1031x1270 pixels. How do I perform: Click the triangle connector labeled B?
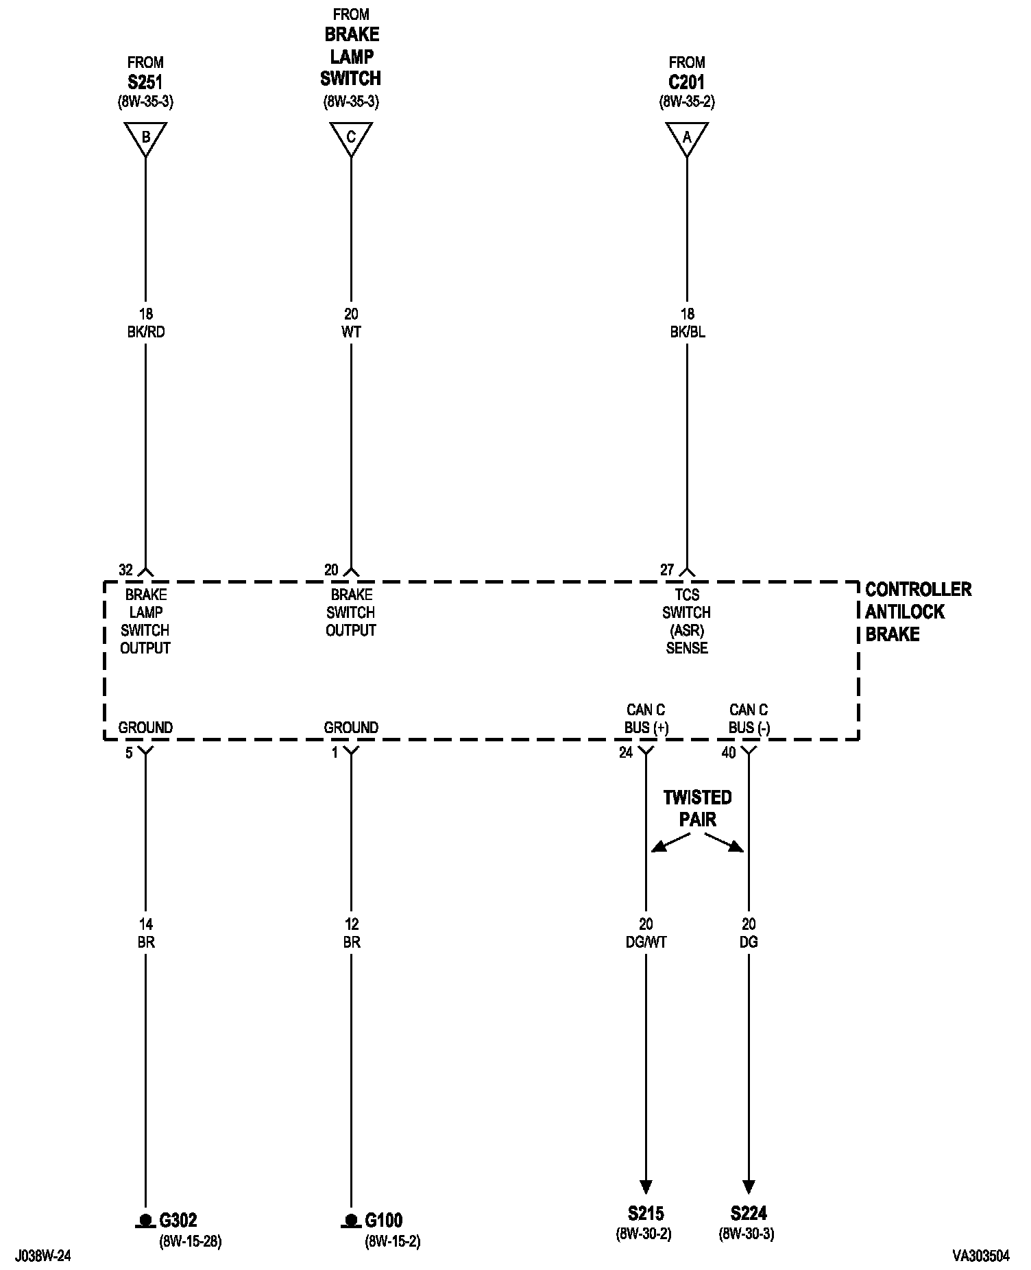click(x=145, y=137)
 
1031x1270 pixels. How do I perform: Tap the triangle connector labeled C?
click(x=351, y=137)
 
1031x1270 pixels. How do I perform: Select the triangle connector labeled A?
click(x=686, y=137)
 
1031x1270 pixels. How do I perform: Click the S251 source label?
click(x=145, y=82)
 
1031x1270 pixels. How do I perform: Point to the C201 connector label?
click(x=686, y=82)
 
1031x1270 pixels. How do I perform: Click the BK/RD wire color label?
click(x=145, y=333)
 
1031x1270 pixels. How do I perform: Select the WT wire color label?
click(x=351, y=333)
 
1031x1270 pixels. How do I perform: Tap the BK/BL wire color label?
click(x=687, y=333)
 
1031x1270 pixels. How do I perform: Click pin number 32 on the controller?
click(x=125, y=570)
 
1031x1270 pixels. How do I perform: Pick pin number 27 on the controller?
click(x=667, y=570)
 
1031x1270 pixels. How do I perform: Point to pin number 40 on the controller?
click(x=729, y=753)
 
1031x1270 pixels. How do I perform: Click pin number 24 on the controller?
click(x=626, y=753)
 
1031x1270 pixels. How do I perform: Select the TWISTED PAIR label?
click(x=697, y=808)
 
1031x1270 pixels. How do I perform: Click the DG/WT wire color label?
click(x=646, y=942)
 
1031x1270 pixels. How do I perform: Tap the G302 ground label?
click(x=178, y=1220)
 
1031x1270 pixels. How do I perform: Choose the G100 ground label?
click(x=384, y=1220)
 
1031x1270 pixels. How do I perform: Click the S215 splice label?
click(x=645, y=1213)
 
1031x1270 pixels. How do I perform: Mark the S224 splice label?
click(x=748, y=1213)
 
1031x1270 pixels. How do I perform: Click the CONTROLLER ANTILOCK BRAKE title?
click(x=917, y=611)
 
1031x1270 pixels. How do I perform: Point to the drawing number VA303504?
click(x=980, y=1256)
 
